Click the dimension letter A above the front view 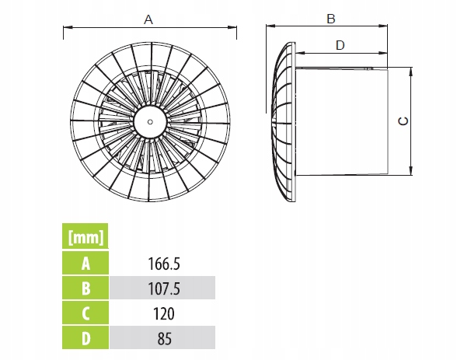(x=148, y=19)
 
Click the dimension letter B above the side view (x=331, y=19)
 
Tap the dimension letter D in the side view (x=340, y=45)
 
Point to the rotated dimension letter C (x=403, y=121)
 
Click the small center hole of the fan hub (x=150, y=122)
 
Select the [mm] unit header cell (x=85, y=236)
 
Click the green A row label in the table (x=85, y=264)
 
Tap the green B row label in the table (x=85, y=288)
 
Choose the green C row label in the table (x=85, y=313)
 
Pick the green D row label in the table (x=85, y=338)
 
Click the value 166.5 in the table (x=164, y=264)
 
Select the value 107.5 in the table (x=164, y=288)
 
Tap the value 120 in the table (x=164, y=313)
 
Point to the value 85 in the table (x=165, y=339)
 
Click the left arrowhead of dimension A (x=68, y=27)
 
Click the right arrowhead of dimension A (x=232, y=28)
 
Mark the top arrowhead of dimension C (x=410, y=72)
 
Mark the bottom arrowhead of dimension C (x=410, y=171)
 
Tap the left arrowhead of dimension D (x=300, y=53)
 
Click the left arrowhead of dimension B (x=270, y=26)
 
